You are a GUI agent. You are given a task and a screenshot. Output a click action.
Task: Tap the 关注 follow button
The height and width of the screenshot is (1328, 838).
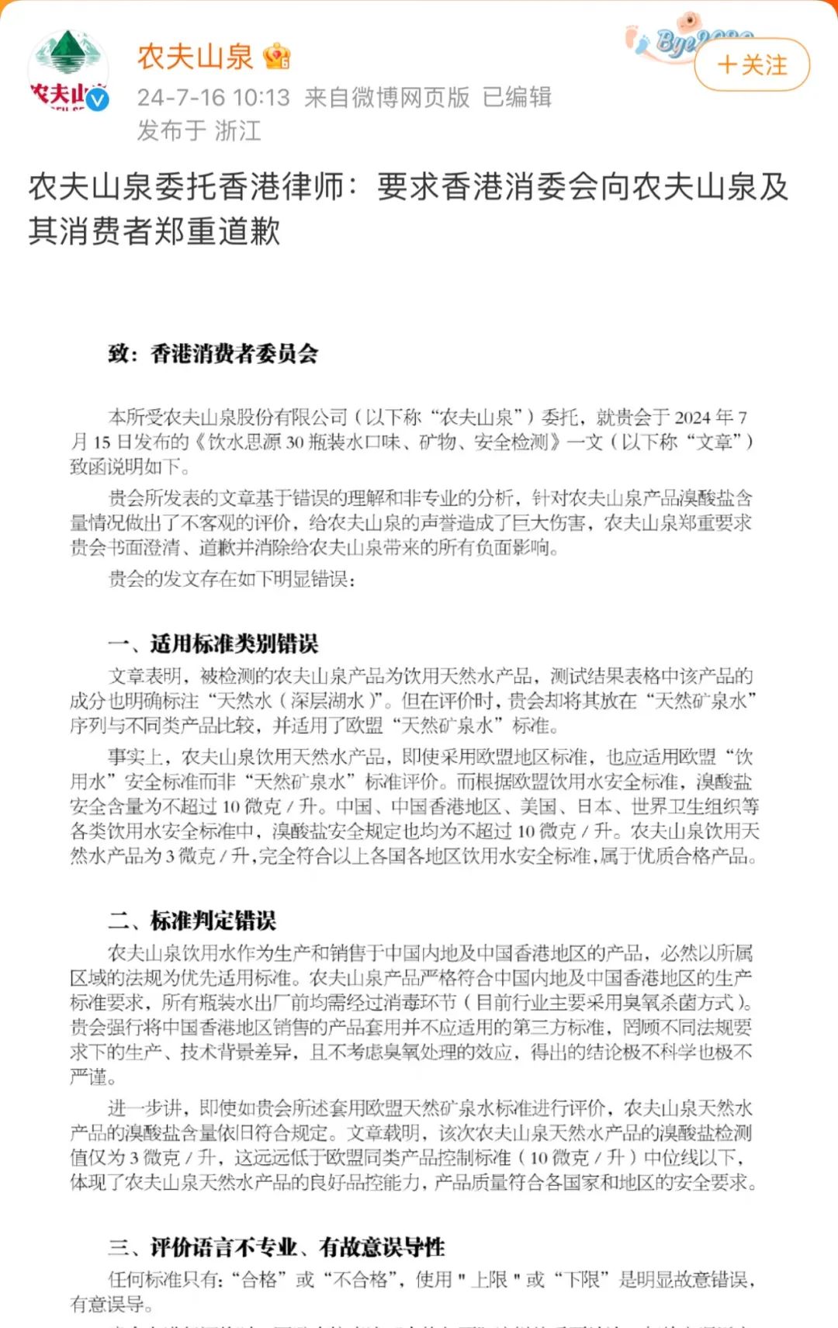pos(751,65)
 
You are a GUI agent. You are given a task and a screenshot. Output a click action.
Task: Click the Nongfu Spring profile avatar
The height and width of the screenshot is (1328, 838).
pos(68,69)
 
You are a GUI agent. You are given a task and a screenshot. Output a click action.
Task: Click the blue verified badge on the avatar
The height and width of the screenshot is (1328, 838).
pos(97,100)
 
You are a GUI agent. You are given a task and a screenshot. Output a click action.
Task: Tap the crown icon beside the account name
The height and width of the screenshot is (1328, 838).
pos(277,57)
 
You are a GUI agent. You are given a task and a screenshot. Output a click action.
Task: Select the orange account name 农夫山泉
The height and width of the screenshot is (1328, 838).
pos(195,57)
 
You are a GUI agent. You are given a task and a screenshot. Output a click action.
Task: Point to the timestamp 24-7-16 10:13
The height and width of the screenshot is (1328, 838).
pos(213,98)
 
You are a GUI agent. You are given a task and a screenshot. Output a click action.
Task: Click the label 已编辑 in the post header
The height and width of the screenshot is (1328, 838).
pos(517,98)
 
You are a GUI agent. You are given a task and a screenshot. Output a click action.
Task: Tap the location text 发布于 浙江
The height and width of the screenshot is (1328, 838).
pos(199,130)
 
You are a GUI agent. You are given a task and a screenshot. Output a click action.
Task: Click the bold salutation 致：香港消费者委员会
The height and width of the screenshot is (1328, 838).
pos(213,354)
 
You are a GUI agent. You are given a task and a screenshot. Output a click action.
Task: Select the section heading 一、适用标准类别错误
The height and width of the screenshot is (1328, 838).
pos(213,643)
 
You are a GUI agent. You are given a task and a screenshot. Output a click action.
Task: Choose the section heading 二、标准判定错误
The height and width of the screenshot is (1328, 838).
pos(192,921)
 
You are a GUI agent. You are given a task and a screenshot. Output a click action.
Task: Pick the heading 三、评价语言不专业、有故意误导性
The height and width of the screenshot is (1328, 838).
pos(276,1247)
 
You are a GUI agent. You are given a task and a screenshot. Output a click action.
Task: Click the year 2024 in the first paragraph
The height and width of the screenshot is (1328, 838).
pos(692,418)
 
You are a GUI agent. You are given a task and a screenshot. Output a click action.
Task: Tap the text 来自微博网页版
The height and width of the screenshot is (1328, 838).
pos(387,98)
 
